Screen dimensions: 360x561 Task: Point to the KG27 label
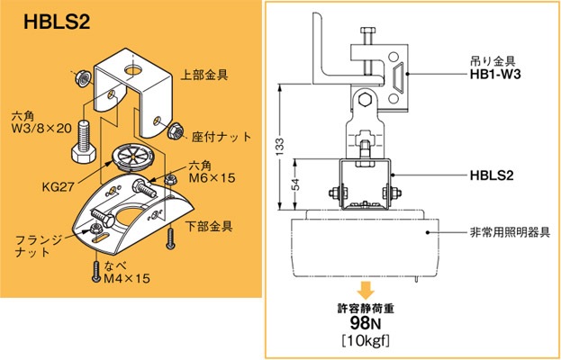(x=58, y=189)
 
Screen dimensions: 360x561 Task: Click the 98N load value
(x=366, y=323)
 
